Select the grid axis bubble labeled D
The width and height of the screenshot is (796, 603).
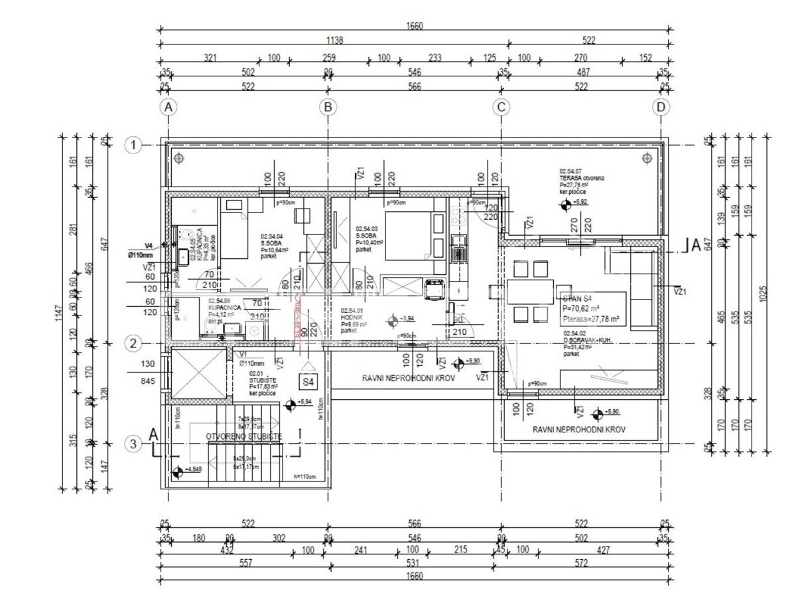661,107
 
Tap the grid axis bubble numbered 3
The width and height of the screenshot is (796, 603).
134,444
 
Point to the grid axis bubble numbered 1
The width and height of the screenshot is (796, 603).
134,145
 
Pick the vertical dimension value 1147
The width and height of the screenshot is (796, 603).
59,310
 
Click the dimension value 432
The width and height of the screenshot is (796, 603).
228,550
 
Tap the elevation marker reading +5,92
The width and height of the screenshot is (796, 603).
565,206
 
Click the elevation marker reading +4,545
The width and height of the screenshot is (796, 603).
177,473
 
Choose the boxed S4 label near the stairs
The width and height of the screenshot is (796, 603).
308,382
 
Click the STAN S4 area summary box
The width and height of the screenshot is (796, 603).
592,308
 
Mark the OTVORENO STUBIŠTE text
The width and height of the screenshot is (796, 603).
244,437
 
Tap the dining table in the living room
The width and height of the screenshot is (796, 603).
531,292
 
